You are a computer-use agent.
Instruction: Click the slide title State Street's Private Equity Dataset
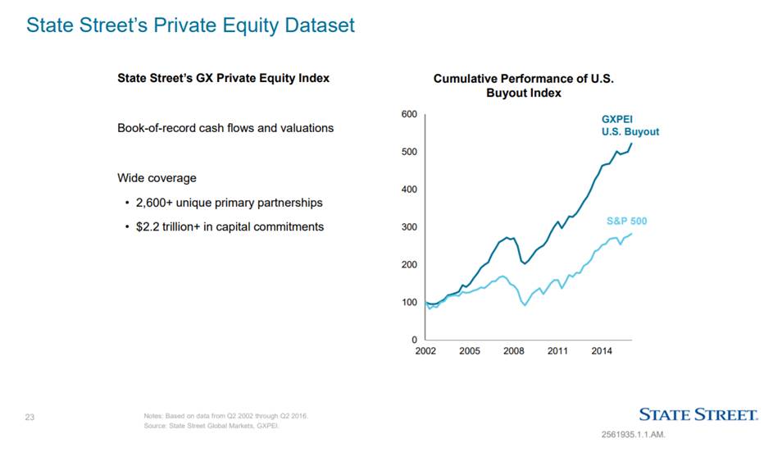click(190, 25)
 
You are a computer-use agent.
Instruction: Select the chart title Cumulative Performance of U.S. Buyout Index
click(523, 85)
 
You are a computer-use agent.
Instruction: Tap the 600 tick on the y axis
click(407, 114)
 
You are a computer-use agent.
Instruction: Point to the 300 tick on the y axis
click(407, 227)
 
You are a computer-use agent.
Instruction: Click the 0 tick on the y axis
click(412, 340)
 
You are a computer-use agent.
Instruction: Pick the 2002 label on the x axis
click(425, 351)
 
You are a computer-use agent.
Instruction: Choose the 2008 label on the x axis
click(514, 351)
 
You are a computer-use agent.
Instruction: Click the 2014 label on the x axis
click(602, 351)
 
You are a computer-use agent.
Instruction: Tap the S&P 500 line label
click(626, 221)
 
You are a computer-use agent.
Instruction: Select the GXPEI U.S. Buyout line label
click(630, 125)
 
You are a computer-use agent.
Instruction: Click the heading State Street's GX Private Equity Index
click(223, 79)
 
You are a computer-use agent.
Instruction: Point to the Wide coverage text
click(157, 178)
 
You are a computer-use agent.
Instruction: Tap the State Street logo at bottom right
click(698, 415)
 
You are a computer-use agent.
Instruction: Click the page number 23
click(30, 418)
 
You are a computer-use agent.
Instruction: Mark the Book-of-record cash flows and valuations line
click(225, 129)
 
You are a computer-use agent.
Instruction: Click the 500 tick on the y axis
click(407, 152)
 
